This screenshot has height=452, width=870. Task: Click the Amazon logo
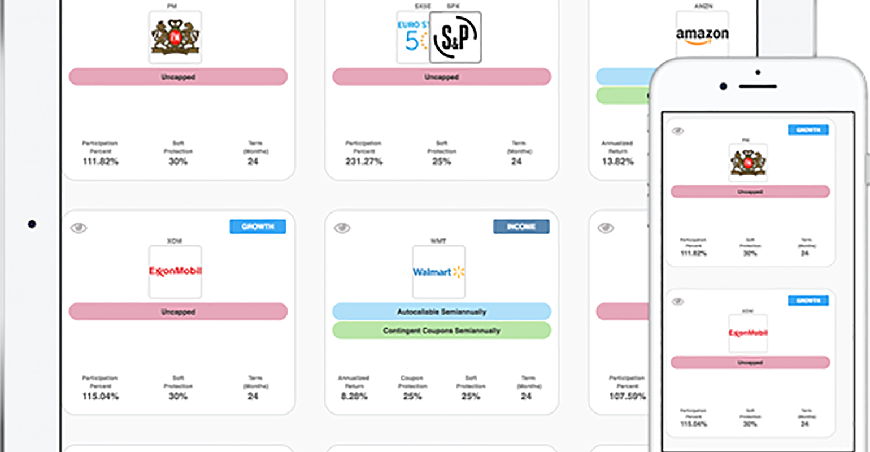pyautogui.click(x=702, y=35)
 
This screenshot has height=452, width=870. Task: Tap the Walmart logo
pyautogui.click(x=438, y=272)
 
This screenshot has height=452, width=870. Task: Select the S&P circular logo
pyautogui.click(x=455, y=37)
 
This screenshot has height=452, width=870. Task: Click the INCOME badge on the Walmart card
pyautogui.click(x=521, y=227)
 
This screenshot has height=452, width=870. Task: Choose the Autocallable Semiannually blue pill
pyautogui.click(x=441, y=311)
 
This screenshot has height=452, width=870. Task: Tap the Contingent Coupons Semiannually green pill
pyautogui.click(x=441, y=331)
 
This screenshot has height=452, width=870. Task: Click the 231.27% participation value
pyautogui.click(x=364, y=162)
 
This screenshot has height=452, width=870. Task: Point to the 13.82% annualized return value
pyautogui.click(x=617, y=162)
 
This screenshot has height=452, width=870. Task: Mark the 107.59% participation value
pyautogui.click(x=627, y=396)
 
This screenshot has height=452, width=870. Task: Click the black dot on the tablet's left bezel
pyautogui.click(x=32, y=225)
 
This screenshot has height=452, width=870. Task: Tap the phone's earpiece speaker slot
pyautogui.click(x=758, y=86)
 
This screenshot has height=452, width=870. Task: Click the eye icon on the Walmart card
pyautogui.click(x=342, y=228)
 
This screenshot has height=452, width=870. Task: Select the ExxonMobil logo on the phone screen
pyautogui.click(x=748, y=333)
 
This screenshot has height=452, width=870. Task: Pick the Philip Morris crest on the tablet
pyautogui.click(x=175, y=37)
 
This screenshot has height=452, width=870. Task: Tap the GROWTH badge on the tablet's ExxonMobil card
pyautogui.click(x=258, y=227)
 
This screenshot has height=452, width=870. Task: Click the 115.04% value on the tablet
pyautogui.click(x=100, y=396)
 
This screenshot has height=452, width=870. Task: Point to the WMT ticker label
pyautogui.click(x=438, y=241)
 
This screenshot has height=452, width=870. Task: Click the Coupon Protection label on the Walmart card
pyautogui.click(x=412, y=382)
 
